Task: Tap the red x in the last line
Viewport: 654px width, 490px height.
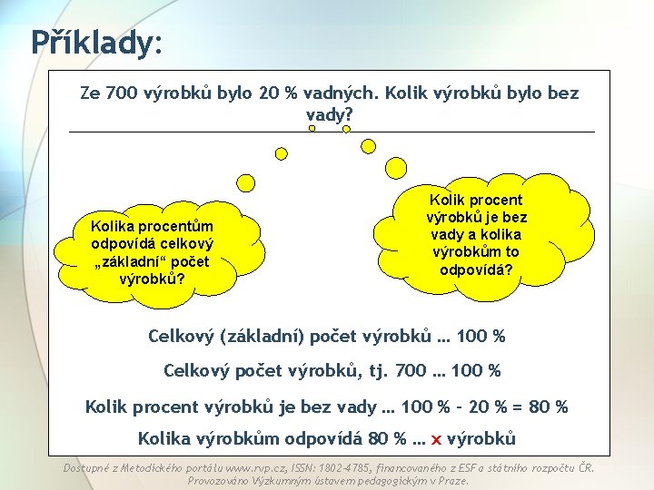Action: (436, 439)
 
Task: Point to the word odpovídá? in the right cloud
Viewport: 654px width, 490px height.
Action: (476, 269)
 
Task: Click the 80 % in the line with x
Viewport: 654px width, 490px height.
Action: (387, 439)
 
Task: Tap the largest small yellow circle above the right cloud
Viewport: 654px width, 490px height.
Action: (397, 166)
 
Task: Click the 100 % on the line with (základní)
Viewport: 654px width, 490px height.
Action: (481, 337)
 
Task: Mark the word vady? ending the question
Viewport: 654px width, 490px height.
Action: (329, 116)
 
